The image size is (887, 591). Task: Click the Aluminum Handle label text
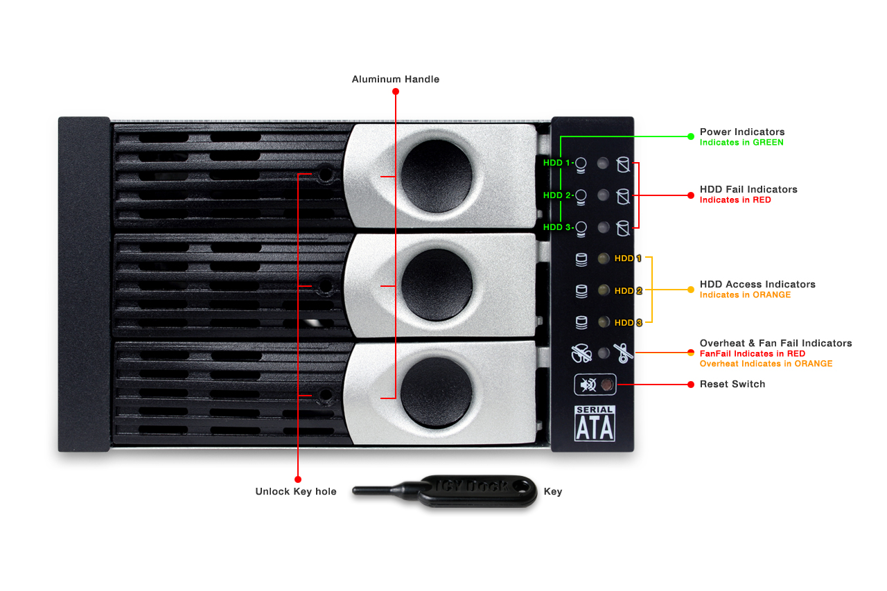395,79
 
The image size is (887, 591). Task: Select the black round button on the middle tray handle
437,284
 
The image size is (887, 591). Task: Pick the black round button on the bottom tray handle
437,392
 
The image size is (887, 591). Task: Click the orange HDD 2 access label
628,290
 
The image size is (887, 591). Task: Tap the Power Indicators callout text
741,132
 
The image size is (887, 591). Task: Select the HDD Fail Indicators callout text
748,189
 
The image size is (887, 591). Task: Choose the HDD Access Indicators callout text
757,284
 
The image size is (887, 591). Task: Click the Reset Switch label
732,384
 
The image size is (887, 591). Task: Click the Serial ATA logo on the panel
595,423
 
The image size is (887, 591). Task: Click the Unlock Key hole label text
295,492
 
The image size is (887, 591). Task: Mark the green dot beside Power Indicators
690,136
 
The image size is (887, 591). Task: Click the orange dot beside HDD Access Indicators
690,290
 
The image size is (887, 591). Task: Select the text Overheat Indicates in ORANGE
766,364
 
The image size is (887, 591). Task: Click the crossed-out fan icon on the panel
624,353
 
